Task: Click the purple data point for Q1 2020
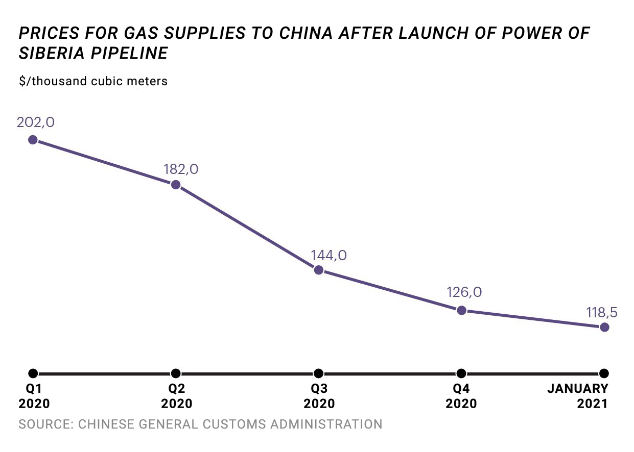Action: pyautogui.click(x=33, y=140)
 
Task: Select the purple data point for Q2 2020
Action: pyautogui.click(x=176, y=185)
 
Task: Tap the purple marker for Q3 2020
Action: pyautogui.click(x=318, y=270)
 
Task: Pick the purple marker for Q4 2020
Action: pyautogui.click(x=461, y=310)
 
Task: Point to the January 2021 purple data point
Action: pyautogui.click(x=604, y=327)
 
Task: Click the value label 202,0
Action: pyautogui.click(x=35, y=123)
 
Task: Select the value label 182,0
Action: pyautogui.click(x=181, y=169)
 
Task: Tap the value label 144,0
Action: pyautogui.click(x=328, y=255)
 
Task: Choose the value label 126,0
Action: pyautogui.click(x=464, y=292)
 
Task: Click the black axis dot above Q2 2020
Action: pyautogui.click(x=176, y=373)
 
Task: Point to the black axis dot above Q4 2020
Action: pyautogui.click(x=461, y=373)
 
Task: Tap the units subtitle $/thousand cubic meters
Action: pyautogui.click(x=93, y=81)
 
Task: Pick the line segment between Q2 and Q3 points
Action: pyautogui.click(x=247, y=228)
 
